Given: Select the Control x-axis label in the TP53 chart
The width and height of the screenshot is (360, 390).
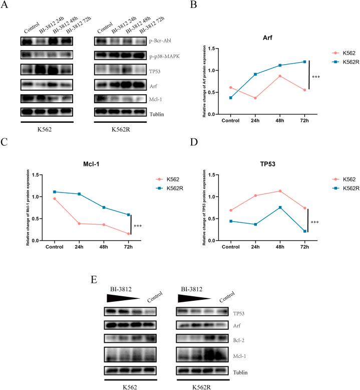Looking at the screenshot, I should (231, 247).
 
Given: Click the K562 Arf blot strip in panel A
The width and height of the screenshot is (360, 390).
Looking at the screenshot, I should (47, 85).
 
